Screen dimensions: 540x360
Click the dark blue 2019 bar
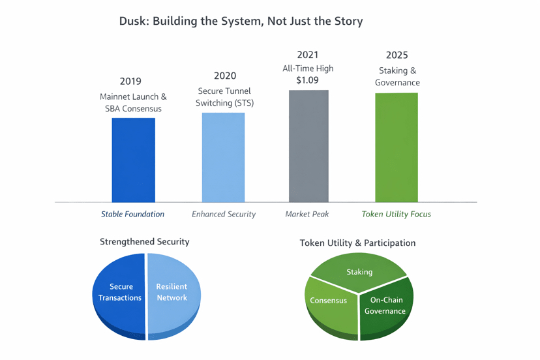click(x=133, y=160)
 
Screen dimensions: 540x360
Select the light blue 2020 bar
click(x=223, y=157)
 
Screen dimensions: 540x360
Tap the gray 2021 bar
click(x=308, y=146)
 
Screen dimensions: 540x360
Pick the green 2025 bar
click(x=396, y=147)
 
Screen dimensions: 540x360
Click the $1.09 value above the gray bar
click(x=307, y=80)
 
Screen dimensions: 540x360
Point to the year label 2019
click(x=130, y=82)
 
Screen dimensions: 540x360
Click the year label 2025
click(x=397, y=55)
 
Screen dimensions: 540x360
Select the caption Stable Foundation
click(x=132, y=214)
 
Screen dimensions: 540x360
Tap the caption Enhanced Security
click(x=223, y=214)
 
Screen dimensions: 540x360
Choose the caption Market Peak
click(x=307, y=214)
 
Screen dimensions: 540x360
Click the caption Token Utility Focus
click(x=396, y=214)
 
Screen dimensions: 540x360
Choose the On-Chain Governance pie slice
click(x=385, y=306)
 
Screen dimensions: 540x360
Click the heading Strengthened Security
click(x=144, y=241)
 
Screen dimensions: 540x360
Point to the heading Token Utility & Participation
click(x=357, y=243)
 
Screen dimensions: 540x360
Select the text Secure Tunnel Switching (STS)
click(x=224, y=97)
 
